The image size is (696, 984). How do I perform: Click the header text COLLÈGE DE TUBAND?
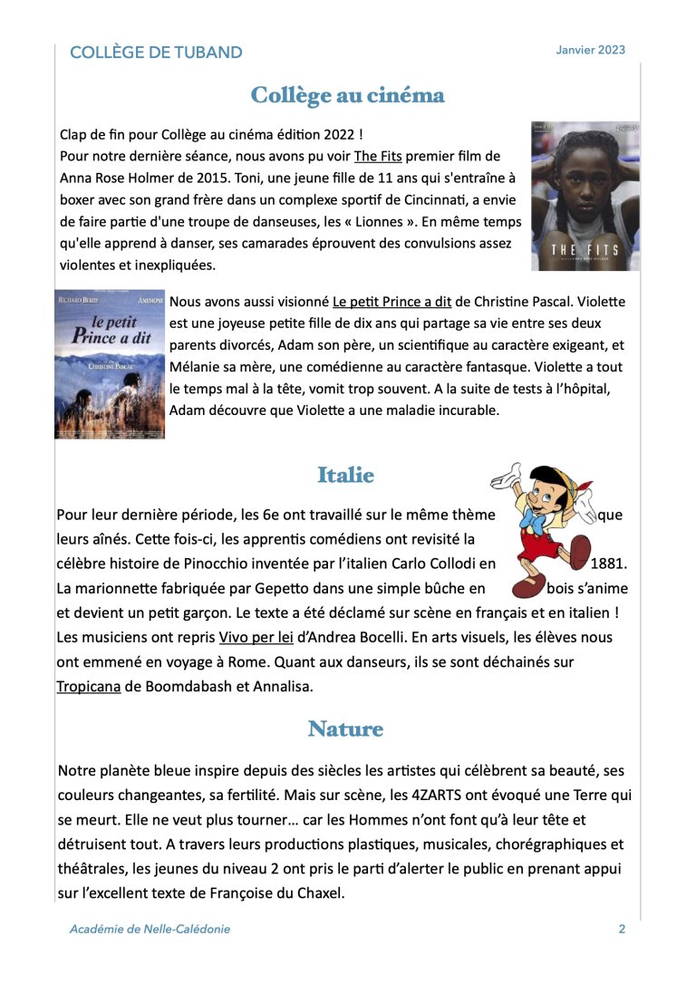[156, 53]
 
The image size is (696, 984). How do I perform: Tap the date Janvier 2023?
[590, 50]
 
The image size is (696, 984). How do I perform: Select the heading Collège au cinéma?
[347, 96]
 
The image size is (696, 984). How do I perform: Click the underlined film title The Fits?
[378, 156]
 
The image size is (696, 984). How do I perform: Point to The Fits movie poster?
[585, 196]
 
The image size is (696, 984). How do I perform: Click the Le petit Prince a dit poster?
[110, 363]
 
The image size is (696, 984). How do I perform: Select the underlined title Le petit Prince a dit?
[391, 301]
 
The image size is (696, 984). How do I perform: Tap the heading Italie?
[345, 474]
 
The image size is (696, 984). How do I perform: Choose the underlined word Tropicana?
[89, 686]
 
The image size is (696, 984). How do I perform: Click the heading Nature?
[345, 728]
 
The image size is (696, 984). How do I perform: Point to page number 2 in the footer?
[622, 929]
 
